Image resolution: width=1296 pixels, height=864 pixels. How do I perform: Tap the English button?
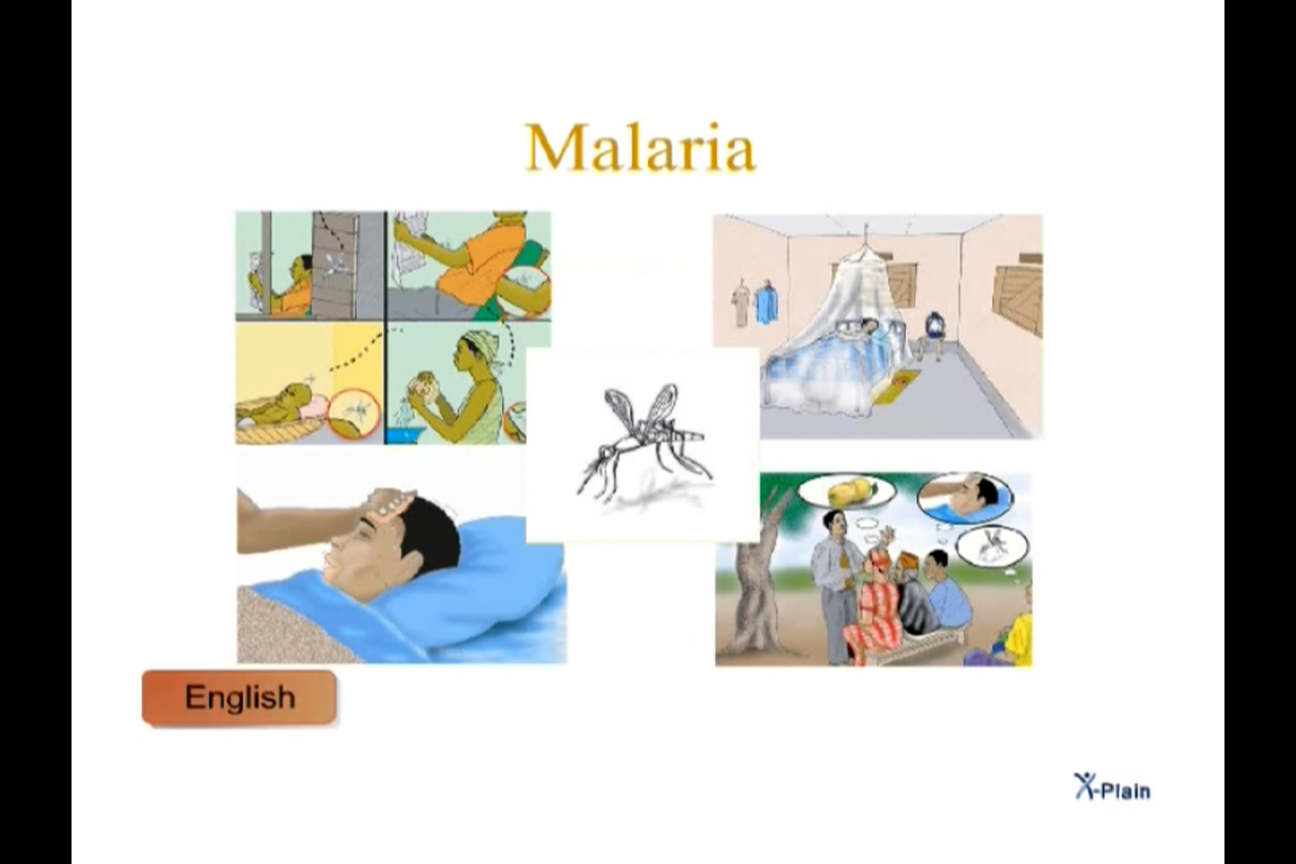(239, 697)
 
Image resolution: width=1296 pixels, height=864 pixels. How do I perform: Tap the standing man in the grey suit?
(834, 584)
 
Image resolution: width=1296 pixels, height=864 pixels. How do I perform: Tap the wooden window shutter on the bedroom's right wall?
(1017, 298)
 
